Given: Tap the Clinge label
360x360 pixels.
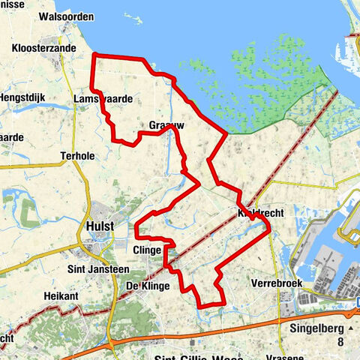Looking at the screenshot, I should coord(148,249).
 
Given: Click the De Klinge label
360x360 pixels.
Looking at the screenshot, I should coord(148,286).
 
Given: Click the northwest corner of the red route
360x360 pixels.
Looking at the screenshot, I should coord(92,55).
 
